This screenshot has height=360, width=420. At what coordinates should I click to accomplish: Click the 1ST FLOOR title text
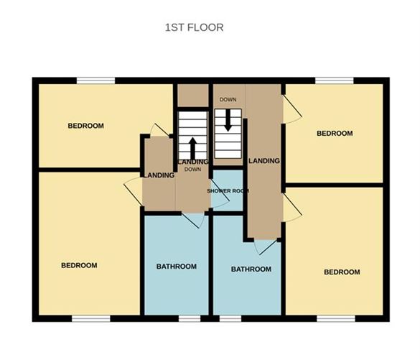coord(194,28)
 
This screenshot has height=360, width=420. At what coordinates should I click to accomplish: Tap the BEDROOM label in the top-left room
coord(85,126)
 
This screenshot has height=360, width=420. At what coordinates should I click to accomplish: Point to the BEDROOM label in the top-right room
coord(335,133)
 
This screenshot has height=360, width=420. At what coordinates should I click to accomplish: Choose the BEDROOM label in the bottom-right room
coord(341,272)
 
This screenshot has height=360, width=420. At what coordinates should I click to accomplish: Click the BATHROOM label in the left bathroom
coord(176,267)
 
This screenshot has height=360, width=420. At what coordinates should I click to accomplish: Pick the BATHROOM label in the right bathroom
coord(251,269)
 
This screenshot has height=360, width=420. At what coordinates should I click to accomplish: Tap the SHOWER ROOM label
coord(228,190)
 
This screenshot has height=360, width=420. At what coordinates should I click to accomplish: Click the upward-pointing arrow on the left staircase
coord(192,147)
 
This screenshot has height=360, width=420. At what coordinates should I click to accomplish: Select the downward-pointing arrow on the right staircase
coord(228,119)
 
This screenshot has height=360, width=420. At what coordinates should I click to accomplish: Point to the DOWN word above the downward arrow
coord(228,100)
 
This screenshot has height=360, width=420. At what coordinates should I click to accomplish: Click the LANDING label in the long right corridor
coord(263,161)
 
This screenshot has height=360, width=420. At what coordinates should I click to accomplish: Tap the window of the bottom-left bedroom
coord(91,318)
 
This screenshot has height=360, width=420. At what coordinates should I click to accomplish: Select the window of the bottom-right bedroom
coord(336,318)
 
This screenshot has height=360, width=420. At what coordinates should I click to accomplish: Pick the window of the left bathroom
coord(189,318)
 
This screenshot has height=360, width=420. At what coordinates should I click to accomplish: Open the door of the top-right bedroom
coord(291,110)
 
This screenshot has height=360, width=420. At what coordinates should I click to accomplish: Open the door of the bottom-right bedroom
coord(291,209)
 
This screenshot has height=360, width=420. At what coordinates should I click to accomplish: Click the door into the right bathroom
coord(264,246)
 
